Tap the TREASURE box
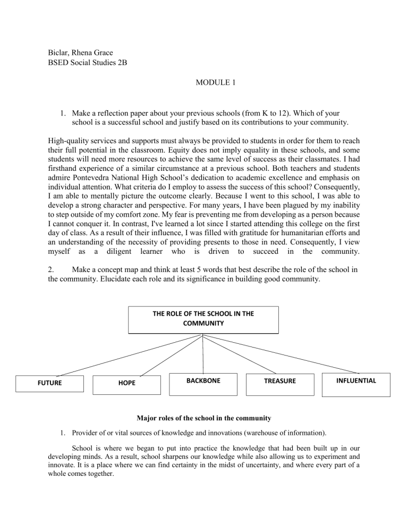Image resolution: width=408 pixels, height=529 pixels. pos(279,381)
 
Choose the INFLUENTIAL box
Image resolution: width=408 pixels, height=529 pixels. pos(356,381)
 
